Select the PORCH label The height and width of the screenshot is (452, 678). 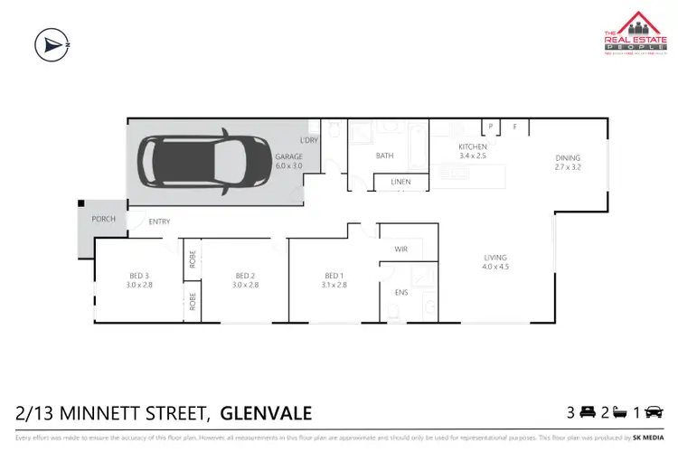[x=104, y=220]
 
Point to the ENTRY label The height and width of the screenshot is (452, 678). [x=160, y=221]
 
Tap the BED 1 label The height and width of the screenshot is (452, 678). [x=334, y=275]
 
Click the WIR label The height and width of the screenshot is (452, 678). [x=402, y=249]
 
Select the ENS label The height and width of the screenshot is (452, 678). [x=401, y=293]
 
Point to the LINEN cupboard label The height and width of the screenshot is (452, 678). [x=400, y=182]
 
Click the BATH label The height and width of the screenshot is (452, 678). [x=385, y=155]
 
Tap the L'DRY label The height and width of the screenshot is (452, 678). [x=308, y=141]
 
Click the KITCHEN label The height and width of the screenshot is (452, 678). [x=473, y=146]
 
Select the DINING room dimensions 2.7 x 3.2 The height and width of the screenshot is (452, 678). [x=569, y=167]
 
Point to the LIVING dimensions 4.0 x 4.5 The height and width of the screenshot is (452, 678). [x=495, y=267]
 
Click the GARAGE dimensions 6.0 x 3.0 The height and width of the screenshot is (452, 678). [x=288, y=166]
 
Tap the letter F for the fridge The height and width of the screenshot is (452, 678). [x=514, y=127]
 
